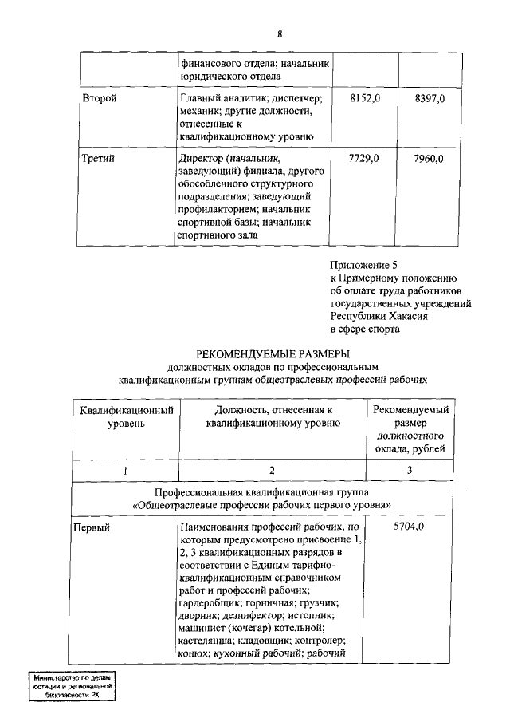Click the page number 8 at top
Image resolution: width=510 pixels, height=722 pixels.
[x=280, y=34]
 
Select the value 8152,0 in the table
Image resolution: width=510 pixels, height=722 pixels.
[x=366, y=97]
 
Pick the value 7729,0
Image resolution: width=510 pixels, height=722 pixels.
[x=366, y=160]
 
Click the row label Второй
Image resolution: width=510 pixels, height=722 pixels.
[x=100, y=97]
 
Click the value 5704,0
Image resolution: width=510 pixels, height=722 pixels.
[x=409, y=527]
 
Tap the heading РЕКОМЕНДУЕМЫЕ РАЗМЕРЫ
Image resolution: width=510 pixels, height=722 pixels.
[x=273, y=354]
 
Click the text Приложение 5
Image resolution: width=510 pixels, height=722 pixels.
[x=363, y=265]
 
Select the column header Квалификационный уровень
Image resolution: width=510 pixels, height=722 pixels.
[x=127, y=416]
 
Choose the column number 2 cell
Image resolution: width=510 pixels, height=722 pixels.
[x=272, y=471]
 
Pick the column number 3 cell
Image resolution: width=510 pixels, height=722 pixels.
[x=409, y=471]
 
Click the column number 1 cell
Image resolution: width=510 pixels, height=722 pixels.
[x=127, y=471]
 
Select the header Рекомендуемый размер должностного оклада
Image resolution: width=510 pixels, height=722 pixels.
[x=410, y=429]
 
